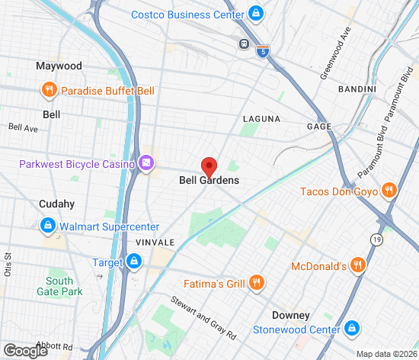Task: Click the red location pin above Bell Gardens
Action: pos(209,166)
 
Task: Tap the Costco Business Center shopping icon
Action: pos(256,14)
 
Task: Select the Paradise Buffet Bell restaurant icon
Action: pos(50,91)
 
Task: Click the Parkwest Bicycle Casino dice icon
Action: pos(145,163)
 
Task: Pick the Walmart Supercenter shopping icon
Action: pos(47,227)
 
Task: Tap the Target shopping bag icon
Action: pos(134,262)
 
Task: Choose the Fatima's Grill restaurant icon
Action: pos(256,284)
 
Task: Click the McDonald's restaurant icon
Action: pos(358,266)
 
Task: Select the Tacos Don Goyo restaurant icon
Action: pos(389,191)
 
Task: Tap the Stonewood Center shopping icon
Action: pos(352,329)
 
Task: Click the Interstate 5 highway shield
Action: pos(263,52)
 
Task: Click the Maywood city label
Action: pos(59,66)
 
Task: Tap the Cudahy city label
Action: pos(57,204)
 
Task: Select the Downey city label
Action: pos(291,315)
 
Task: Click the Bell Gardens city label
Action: pos(209,181)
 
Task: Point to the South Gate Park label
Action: pos(59,286)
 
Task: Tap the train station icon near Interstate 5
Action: pos(244,43)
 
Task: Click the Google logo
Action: pos(25,350)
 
